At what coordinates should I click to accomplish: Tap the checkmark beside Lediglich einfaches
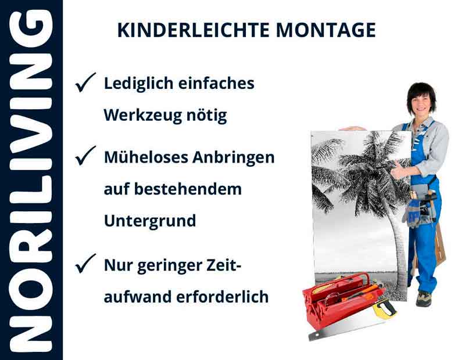85,84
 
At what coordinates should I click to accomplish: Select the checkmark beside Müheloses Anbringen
85,156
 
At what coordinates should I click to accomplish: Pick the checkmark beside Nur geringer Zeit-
85,265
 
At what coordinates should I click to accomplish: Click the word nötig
209,116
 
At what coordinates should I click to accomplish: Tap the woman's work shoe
424,298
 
